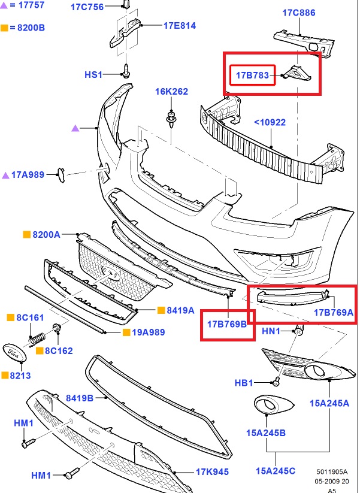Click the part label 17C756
[x=87, y=7]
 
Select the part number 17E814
[x=179, y=26]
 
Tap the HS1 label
[x=93, y=75]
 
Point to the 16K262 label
[x=172, y=92]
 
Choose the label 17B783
[x=252, y=75]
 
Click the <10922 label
[x=270, y=122]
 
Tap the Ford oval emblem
[x=15, y=353]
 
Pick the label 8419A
[x=180, y=310]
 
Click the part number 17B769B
[x=227, y=324]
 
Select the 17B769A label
[x=334, y=312]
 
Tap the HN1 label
[x=271, y=331]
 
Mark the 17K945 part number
[x=212, y=472]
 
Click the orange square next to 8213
[x=5, y=376]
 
